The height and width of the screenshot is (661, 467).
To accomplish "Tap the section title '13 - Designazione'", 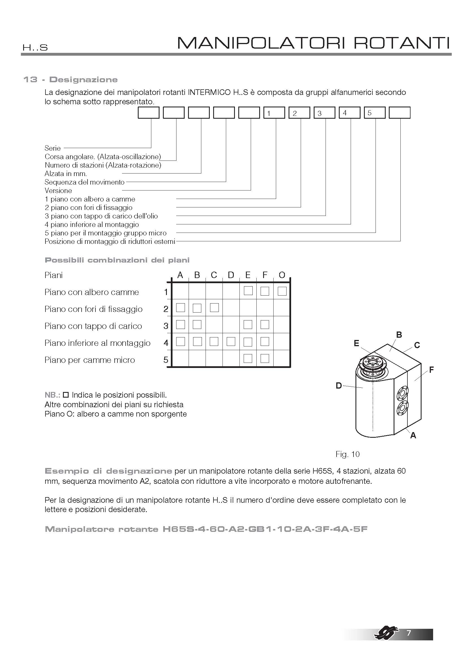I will [71, 80].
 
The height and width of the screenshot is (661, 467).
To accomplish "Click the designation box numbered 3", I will [324, 112].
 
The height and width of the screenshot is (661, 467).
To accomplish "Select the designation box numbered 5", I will [374, 112].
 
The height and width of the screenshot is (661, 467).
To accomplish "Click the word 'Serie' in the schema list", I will [53, 148].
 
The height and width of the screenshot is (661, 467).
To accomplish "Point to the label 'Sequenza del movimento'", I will [84, 182].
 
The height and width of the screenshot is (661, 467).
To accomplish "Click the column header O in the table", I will [282, 275].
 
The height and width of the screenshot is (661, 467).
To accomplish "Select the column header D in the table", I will [231, 275].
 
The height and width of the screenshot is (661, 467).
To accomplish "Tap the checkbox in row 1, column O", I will [282, 291].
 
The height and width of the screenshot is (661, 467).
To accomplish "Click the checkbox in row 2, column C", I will [214, 308].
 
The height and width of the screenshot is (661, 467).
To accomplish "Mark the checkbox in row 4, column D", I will [231, 342].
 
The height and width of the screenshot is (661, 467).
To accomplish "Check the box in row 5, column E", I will [248, 358].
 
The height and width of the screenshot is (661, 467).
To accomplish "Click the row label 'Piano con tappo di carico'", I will [93, 326].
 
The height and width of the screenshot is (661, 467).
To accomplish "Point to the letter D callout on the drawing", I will [339, 385].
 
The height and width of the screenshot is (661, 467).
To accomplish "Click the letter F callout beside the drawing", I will [431, 370].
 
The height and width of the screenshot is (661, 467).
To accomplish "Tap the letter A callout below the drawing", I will [413, 435].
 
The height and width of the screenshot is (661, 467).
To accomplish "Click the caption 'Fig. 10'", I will [347, 454].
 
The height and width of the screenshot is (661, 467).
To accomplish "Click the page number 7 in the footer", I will [409, 633].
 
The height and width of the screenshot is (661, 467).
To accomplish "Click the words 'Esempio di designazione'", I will [108, 471].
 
